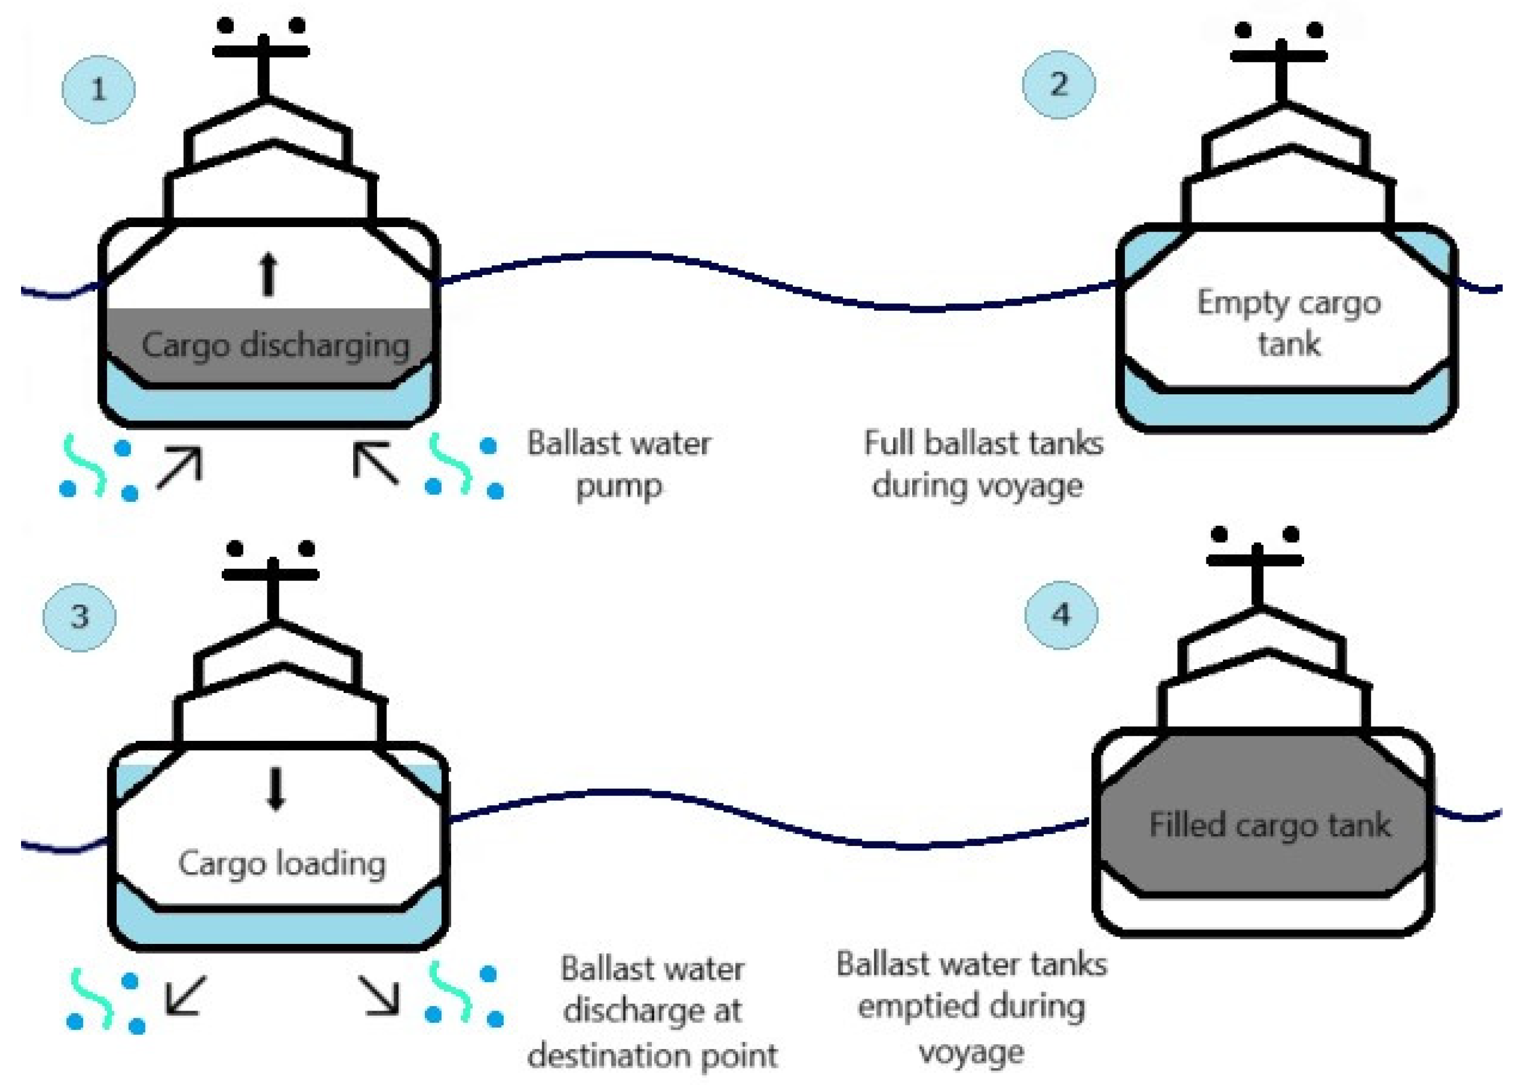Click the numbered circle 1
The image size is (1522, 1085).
pos(98,89)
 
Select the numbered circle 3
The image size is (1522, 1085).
pos(79,616)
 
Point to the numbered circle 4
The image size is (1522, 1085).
pos(1061,614)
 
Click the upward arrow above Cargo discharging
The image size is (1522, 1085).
pos(268,274)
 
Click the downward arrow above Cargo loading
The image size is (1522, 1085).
pos(275,789)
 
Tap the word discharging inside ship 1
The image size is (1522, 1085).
pos(325,346)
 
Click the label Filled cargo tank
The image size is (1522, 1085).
pos(1269,825)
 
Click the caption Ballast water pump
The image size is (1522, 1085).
pos(618,464)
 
